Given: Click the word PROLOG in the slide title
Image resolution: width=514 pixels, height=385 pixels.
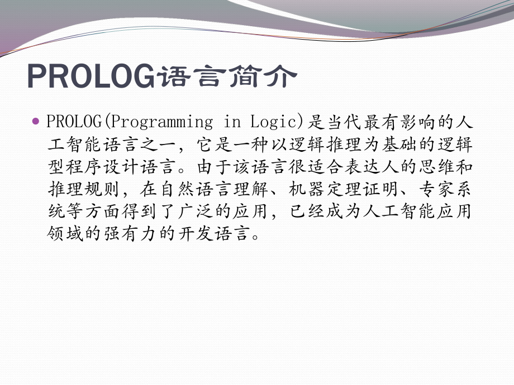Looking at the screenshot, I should pyautogui.click(x=90, y=76).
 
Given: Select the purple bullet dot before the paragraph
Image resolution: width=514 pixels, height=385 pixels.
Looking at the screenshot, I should pyautogui.click(x=36, y=121).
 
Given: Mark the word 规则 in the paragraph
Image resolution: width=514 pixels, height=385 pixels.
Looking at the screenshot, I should pyautogui.click(x=103, y=190).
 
